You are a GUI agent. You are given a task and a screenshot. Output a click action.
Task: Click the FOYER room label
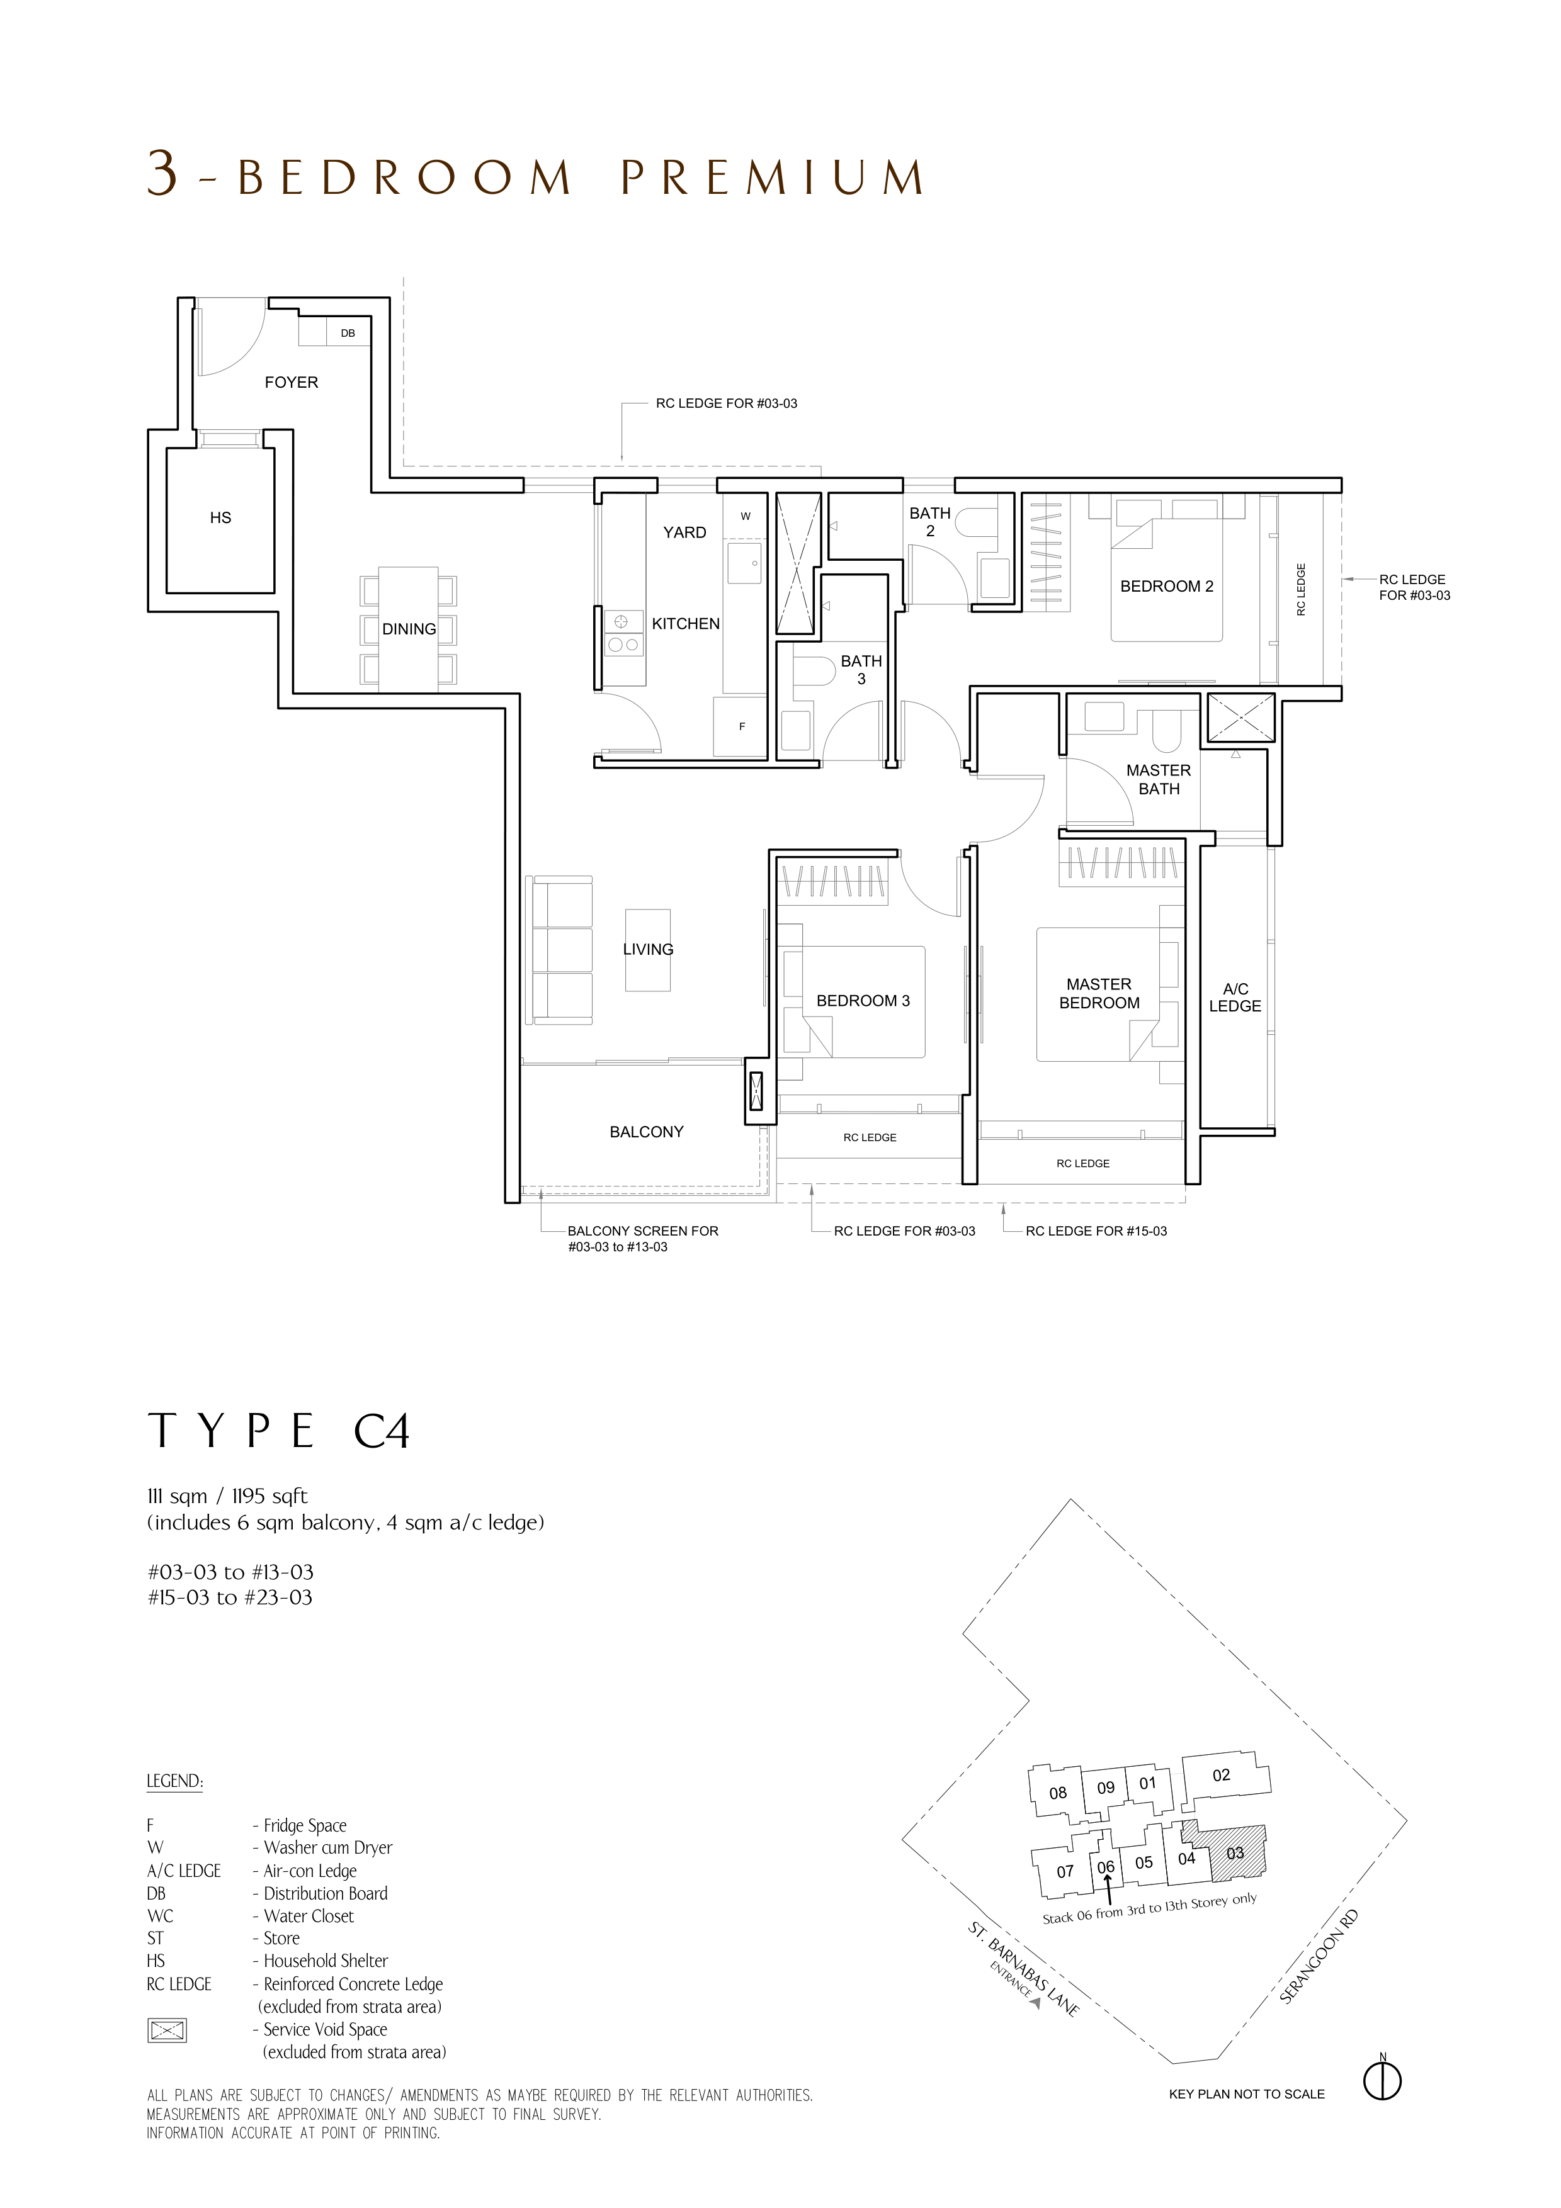[x=292, y=382]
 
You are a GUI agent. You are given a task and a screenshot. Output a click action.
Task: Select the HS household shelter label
[x=220, y=517]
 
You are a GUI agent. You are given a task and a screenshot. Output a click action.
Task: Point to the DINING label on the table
[x=409, y=629]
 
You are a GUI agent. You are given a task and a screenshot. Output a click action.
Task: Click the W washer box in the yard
[x=746, y=516]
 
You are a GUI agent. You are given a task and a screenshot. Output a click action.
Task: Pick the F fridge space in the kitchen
[x=742, y=726]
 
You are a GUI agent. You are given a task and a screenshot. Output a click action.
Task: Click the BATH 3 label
[x=861, y=669]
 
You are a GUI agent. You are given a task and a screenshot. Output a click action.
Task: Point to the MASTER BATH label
[x=1159, y=779]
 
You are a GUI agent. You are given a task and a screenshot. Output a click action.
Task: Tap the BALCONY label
[x=646, y=1132]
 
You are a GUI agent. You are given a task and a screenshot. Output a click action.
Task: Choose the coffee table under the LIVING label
[x=647, y=950]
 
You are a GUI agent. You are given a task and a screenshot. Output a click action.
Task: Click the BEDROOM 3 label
[x=863, y=1001]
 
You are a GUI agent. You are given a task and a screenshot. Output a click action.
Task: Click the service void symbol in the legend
[x=166, y=2030]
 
